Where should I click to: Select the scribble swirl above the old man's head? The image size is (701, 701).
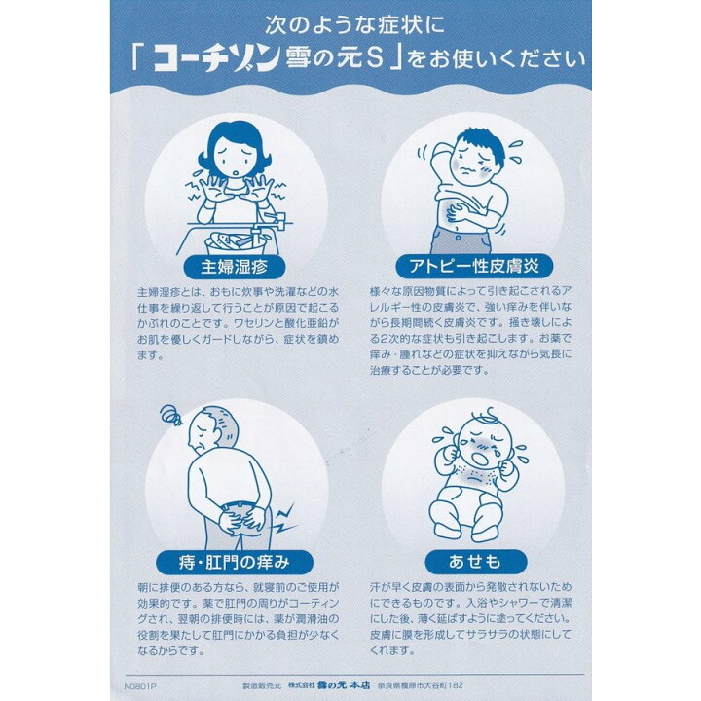172,417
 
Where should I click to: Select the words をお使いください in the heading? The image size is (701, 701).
498,60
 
